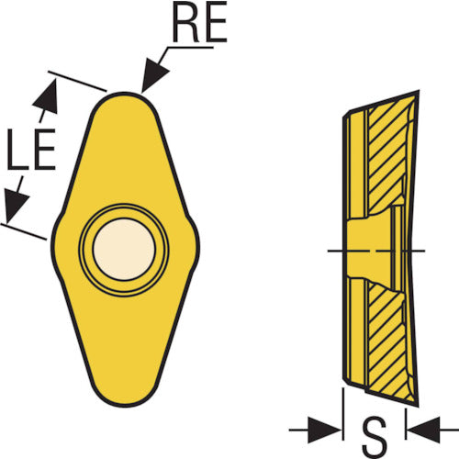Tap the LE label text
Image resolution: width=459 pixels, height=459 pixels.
click(31, 150)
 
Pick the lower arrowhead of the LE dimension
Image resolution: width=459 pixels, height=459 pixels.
click(16, 206)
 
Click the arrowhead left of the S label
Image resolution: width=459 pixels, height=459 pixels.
click(324, 430)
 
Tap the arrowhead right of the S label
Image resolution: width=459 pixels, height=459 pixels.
click(424, 430)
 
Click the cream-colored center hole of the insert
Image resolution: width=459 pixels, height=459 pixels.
click(124, 249)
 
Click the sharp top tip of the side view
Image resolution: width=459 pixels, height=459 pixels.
click(419, 91)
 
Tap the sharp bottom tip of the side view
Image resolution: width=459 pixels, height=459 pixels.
click(418, 407)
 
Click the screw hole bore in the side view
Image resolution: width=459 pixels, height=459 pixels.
click(369, 250)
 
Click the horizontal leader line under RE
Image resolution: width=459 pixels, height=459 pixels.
click(190, 48)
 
